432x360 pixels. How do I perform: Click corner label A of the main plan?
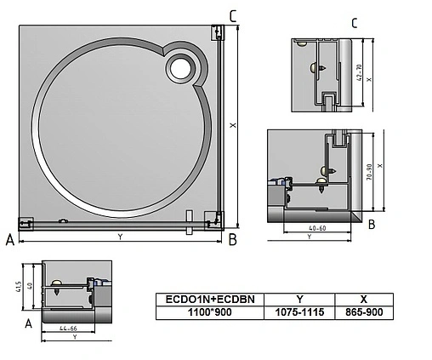click(x=9, y=241)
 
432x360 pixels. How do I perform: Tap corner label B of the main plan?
click(x=232, y=241)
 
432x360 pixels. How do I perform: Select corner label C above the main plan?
click(x=233, y=15)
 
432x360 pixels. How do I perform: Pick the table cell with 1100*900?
click(x=209, y=313)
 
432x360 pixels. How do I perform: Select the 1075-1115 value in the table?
click(x=298, y=313)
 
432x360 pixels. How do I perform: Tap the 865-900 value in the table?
click(x=364, y=313)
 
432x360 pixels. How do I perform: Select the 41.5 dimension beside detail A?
click(x=18, y=288)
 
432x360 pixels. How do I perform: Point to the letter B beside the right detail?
click(x=372, y=225)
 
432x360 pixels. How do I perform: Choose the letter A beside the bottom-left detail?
click(x=28, y=324)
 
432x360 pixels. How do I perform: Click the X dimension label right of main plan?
click(x=232, y=125)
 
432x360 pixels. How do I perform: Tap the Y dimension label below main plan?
click(x=119, y=237)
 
